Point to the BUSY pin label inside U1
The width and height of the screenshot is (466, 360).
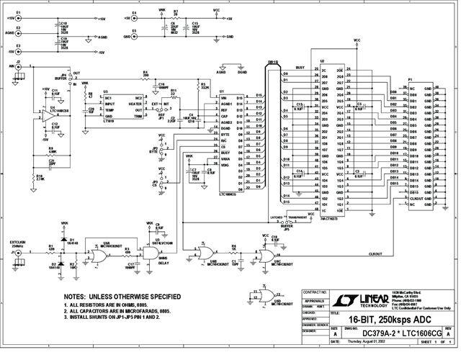(x=225, y=152)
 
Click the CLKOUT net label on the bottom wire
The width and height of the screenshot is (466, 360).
(x=375, y=253)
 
